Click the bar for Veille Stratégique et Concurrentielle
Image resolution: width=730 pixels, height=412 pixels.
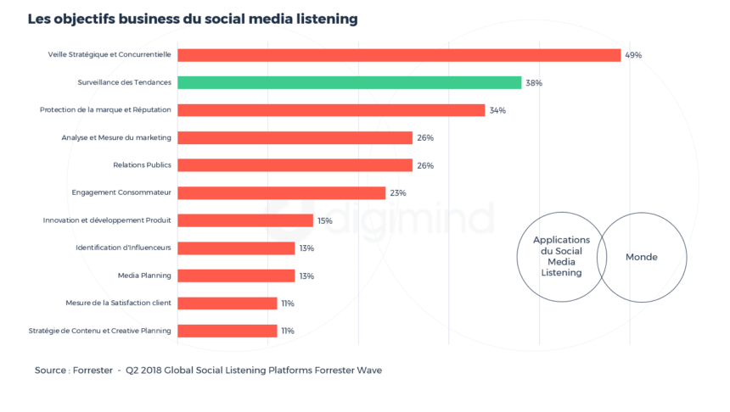[x=399, y=55]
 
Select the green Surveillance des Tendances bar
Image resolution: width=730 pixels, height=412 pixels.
[x=349, y=83]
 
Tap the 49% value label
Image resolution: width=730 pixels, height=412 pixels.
[x=633, y=55]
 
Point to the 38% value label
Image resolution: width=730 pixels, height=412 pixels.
[x=534, y=83]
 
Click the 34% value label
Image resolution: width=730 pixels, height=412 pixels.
[x=497, y=110]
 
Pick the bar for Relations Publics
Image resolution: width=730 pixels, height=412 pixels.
[x=295, y=165]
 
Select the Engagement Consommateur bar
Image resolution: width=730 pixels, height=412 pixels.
[x=281, y=193]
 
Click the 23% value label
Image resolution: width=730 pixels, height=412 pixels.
[x=398, y=193]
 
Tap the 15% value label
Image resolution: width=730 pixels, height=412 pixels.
[x=325, y=220]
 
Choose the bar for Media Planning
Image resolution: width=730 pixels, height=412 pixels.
[x=236, y=276]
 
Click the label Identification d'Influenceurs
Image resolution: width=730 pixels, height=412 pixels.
[x=123, y=248]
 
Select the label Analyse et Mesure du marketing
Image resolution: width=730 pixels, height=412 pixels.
[x=116, y=138]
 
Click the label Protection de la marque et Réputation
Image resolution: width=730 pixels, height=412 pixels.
[x=105, y=110]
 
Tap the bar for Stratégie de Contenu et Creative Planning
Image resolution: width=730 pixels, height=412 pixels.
[x=227, y=331]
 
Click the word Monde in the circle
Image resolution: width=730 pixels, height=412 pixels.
[x=642, y=257]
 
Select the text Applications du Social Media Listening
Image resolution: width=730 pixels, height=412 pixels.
[x=561, y=257]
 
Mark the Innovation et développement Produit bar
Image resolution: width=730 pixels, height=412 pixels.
[x=245, y=220]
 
